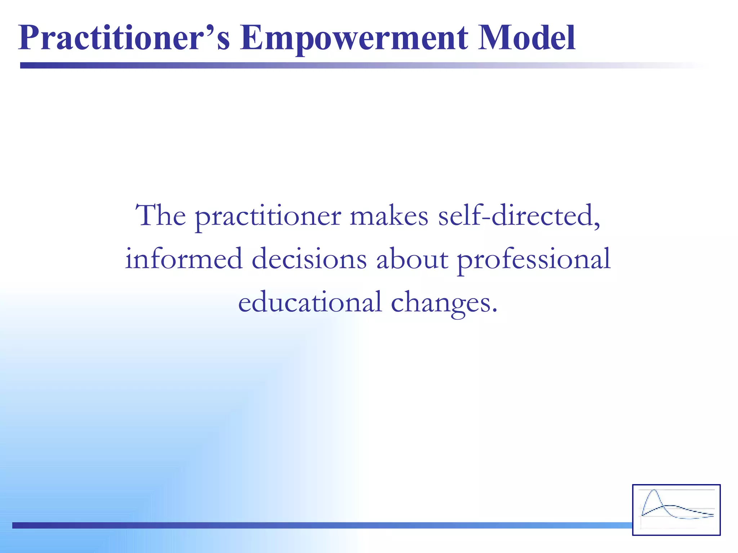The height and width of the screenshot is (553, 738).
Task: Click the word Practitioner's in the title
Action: click(x=124, y=38)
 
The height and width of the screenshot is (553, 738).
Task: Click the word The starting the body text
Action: click(x=160, y=215)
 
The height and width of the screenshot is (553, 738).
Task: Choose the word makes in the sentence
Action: click(x=389, y=215)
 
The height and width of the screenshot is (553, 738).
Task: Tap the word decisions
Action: click(x=309, y=258)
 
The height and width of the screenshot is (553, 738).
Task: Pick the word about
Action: click(x=412, y=258)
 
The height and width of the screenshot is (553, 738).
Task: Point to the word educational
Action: click(x=310, y=302)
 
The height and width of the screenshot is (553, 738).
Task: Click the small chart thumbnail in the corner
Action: click(x=676, y=510)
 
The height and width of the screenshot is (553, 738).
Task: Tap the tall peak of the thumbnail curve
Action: click(x=654, y=491)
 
